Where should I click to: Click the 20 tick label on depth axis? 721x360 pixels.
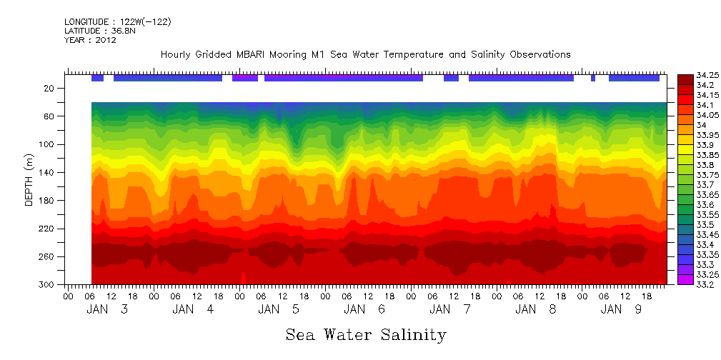[x=50, y=89]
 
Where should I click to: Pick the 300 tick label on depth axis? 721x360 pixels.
[x=48, y=285]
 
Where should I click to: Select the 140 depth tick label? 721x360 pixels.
[x=48, y=173]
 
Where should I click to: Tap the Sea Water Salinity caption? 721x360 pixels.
[x=366, y=334]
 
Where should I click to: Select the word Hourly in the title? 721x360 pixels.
[x=176, y=55]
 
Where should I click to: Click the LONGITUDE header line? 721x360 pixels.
[x=117, y=22]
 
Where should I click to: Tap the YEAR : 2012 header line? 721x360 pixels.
[x=90, y=41]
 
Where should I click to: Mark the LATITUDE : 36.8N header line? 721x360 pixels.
[x=98, y=31]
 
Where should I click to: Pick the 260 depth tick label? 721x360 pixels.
[x=48, y=257]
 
